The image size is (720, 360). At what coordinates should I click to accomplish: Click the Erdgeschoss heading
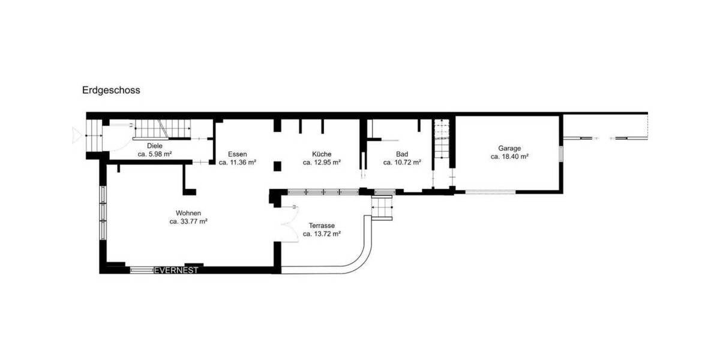point(111,91)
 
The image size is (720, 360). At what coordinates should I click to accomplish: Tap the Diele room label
point(155,146)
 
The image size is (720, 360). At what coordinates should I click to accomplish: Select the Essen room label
point(237,154)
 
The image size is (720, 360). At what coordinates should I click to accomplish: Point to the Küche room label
point(322,154)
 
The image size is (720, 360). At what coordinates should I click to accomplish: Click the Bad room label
point(401,154)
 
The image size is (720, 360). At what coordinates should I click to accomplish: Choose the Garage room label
point(509,148)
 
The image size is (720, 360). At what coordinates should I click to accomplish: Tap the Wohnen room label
point(188,213)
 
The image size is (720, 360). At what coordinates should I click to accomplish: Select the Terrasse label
point(322,226)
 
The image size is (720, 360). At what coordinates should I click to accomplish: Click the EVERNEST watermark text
point(176,271)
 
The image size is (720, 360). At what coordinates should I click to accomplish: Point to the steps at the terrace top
point(383,209)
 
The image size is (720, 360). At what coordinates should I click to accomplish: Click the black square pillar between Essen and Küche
point(277,166)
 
